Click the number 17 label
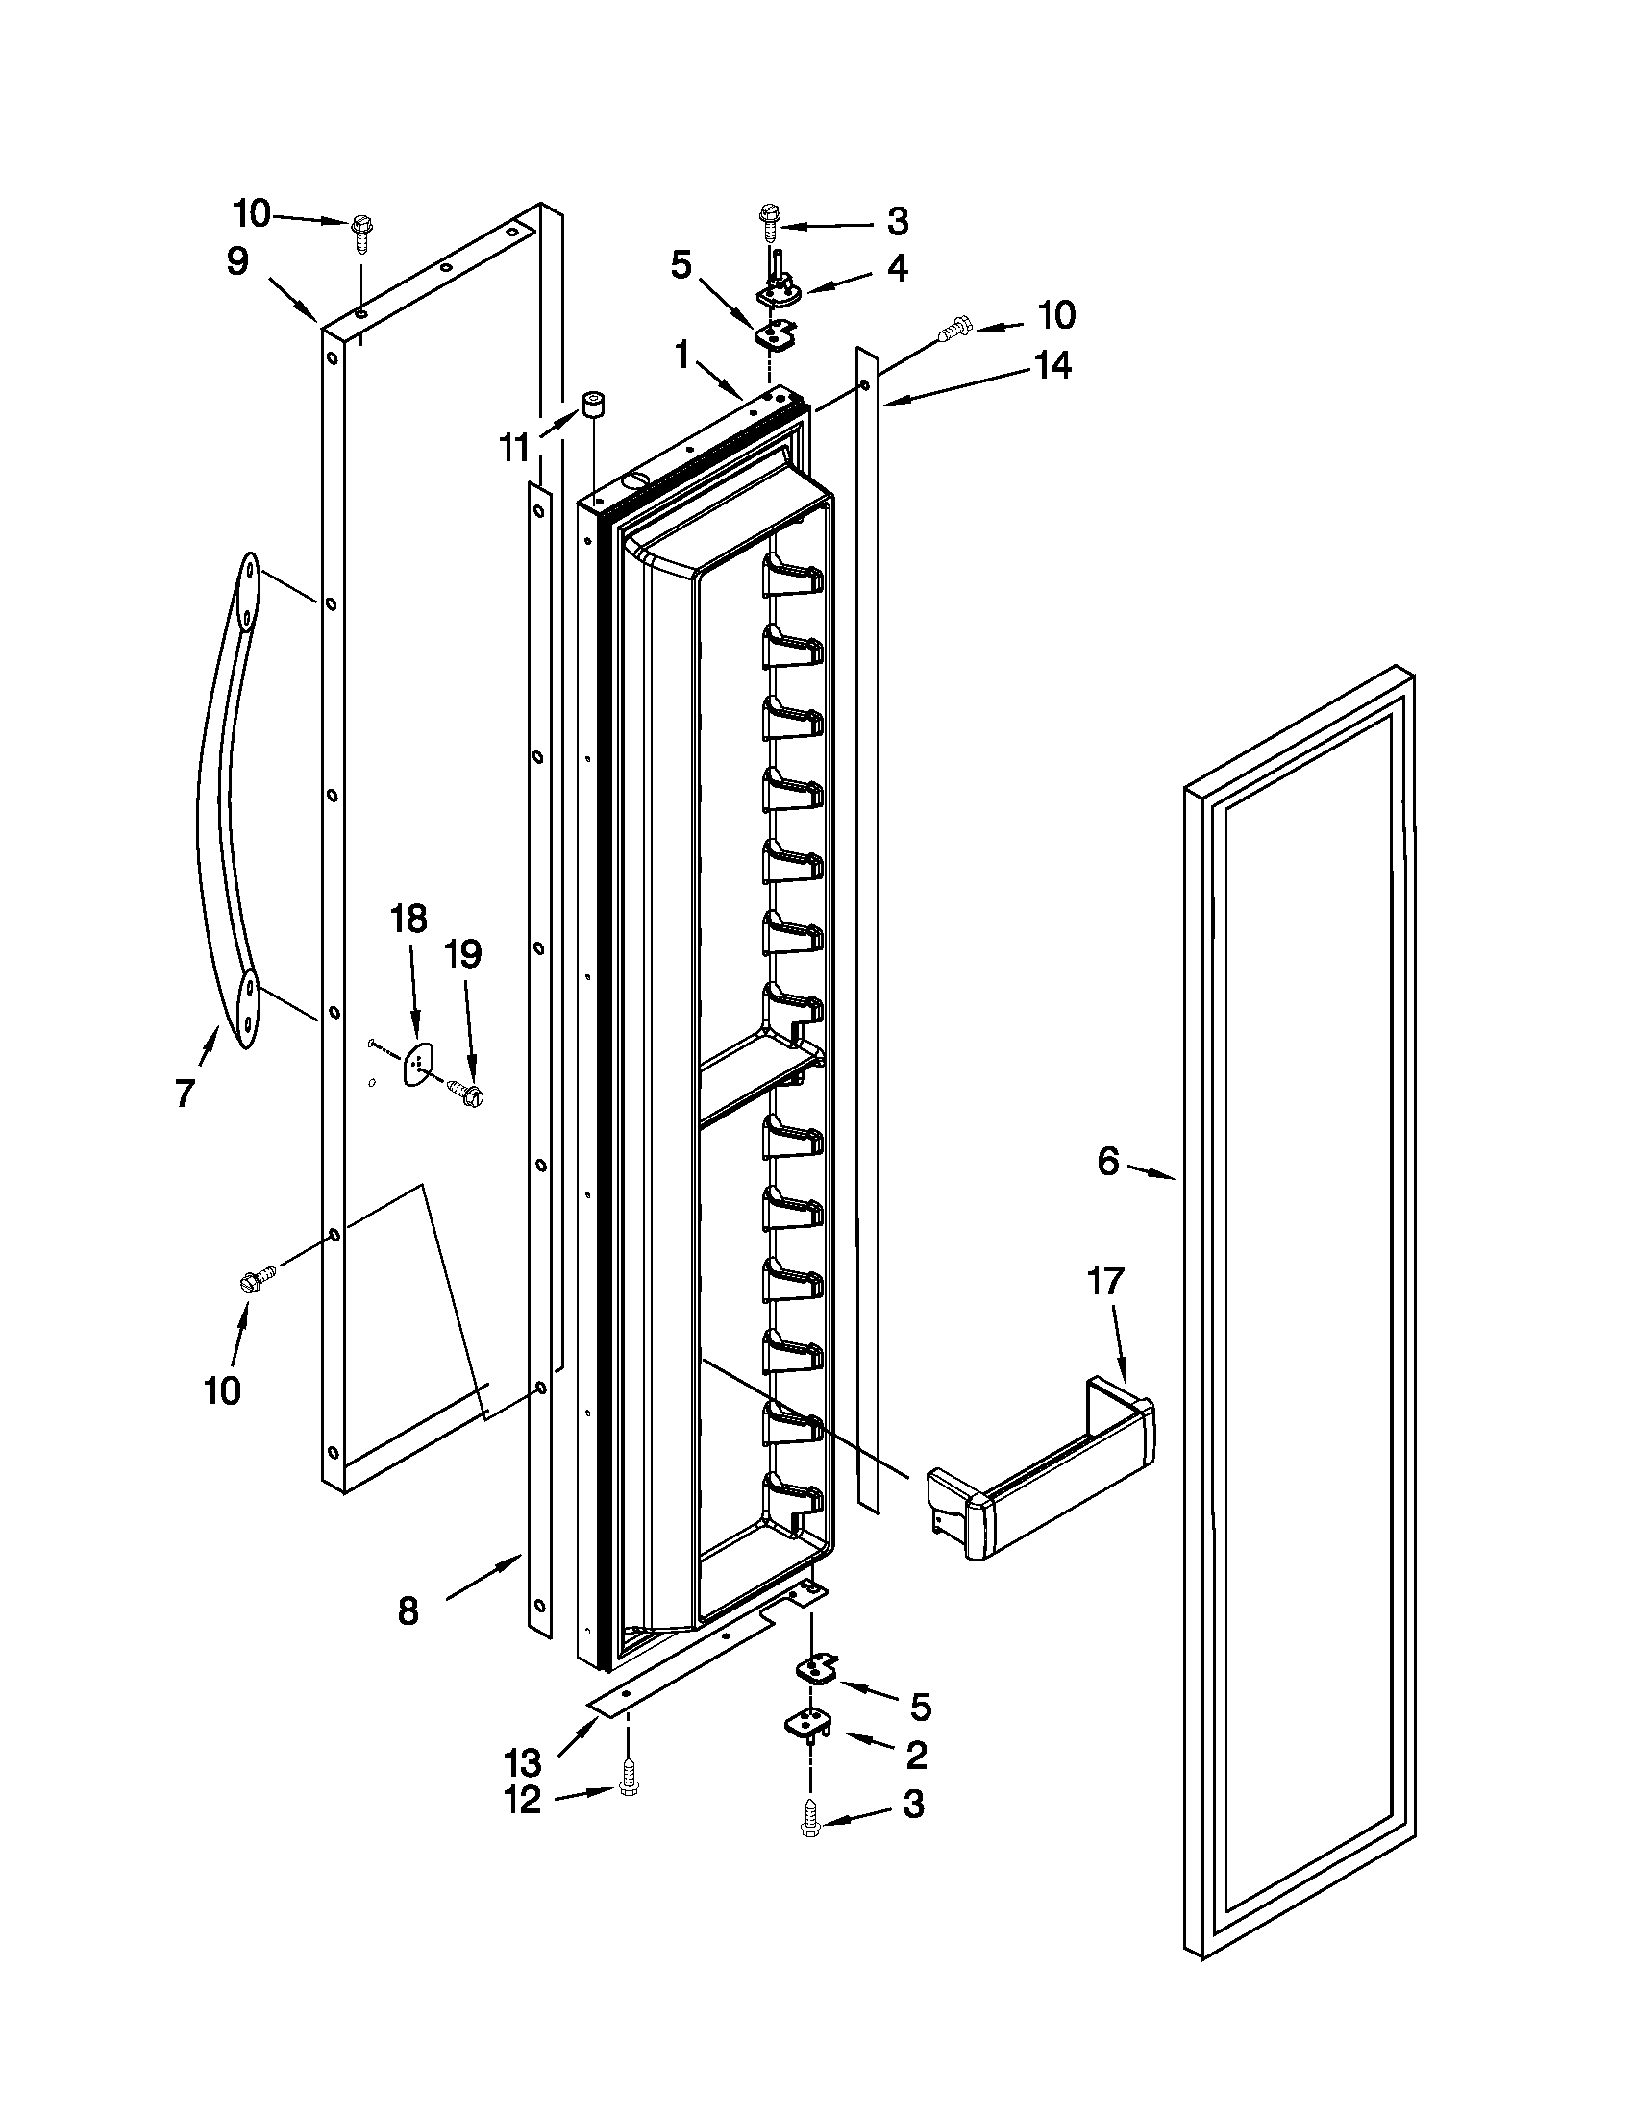[1104, 1282]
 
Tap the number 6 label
[1108, 1161]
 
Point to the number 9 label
[238, 261]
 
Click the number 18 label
[408, 919]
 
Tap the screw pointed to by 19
[466, 1094]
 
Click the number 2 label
[916, 1754]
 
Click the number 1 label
[682, 356]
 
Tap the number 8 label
[408, 1611]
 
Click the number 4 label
[898, 268]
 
